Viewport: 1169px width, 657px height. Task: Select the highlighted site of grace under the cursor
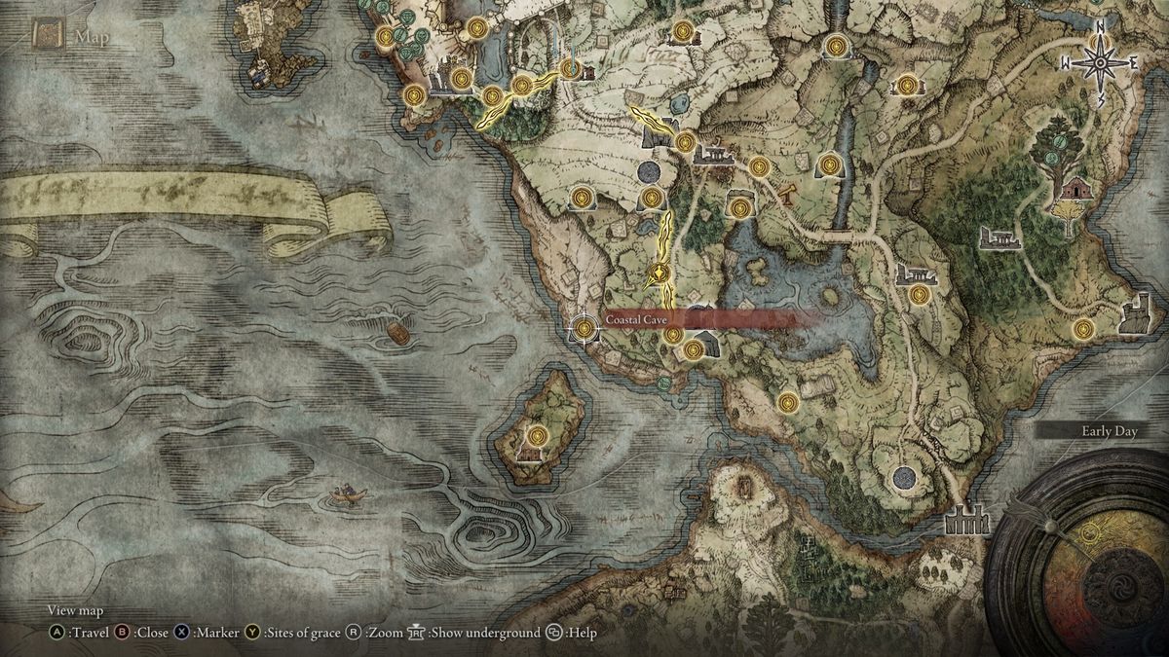584,329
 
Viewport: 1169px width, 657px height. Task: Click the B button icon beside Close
123,633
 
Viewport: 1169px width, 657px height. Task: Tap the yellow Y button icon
252,633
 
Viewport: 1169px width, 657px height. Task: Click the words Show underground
484,633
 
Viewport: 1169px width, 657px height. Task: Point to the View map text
75,611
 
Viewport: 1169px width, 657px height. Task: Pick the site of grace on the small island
536,435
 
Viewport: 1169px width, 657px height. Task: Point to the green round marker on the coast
663,383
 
